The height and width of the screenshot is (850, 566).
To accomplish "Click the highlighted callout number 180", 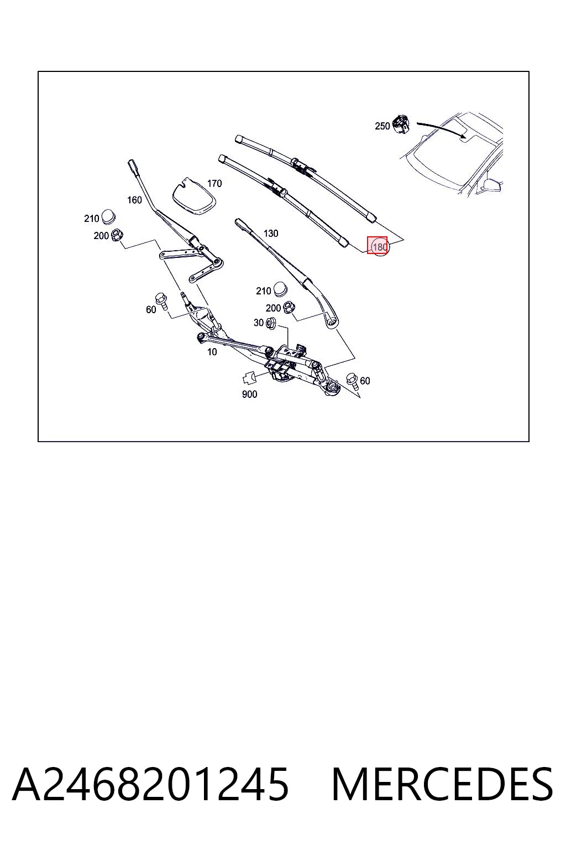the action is coord(380,247).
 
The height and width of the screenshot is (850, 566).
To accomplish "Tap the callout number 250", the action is coord(382,126).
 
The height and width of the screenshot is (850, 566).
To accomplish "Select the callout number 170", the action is coord(214,184).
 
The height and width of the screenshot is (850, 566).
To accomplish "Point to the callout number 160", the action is coord(134,200).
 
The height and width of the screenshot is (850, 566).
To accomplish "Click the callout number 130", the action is coord(271,234).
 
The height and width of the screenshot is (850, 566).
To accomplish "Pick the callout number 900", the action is coord(249,394).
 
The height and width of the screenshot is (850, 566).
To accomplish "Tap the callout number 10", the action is coord(212,352).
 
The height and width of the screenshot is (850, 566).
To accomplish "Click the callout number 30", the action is coord(259,323).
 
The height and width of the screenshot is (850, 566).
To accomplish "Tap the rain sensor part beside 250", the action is coord(401,124).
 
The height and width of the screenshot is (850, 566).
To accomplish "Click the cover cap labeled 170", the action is coord(193,197).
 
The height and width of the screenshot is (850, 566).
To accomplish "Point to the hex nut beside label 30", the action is coord(270,323).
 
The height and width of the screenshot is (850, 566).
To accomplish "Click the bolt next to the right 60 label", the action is coord(352,380).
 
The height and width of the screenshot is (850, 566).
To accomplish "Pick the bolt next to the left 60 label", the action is coord(161,301).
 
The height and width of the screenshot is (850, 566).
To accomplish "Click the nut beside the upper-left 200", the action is coord(116,235).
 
